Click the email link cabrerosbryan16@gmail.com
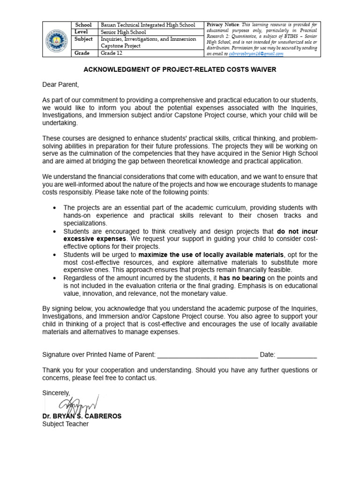[x=256, y=54]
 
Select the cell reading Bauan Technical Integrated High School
[x=148, y=25]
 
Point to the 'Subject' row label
[x=83, y=39]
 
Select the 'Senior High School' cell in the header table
[x=123, y=32]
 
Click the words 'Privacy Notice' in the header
[x=223, y=24]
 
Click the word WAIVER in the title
[x=260, y=69]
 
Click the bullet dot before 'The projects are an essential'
[x=55, y=208]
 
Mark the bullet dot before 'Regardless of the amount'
[x=55, y=278]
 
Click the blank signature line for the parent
[x=207, y=355]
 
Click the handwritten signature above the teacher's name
[x=77, y=403]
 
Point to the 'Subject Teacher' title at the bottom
[x=65, y=424]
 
